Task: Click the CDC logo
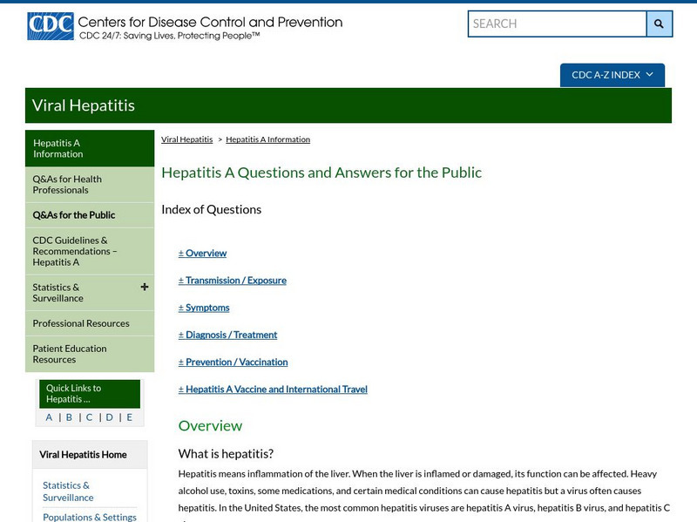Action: [x=50, y=26]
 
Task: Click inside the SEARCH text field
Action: [x=556, y=24]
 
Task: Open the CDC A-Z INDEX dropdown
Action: [x=612, y=75]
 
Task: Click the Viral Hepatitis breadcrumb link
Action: [x=186, y=139]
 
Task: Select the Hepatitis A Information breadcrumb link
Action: [x=267, y=139]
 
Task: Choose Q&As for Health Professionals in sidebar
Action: [x=67, y=184]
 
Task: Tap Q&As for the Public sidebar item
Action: [x=74, y=215]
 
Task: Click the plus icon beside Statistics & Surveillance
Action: [x=145, y=287]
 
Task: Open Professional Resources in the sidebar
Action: [x=81, y=323]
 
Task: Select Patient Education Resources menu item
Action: [x=70, y=354]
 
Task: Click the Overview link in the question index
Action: [x=206, y=254]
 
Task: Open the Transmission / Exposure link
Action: [x=235, y=281]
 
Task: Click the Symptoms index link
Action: [x=207, y=308]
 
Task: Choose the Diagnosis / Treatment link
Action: [x=231, y=335]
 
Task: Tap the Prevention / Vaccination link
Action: [x=236, y=362]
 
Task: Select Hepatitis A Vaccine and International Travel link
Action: [x=276, y=390]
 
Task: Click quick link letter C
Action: [x=89, y=417]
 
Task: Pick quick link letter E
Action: [x=130, y=417]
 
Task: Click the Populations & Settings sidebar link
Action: [x=90, y=517]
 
